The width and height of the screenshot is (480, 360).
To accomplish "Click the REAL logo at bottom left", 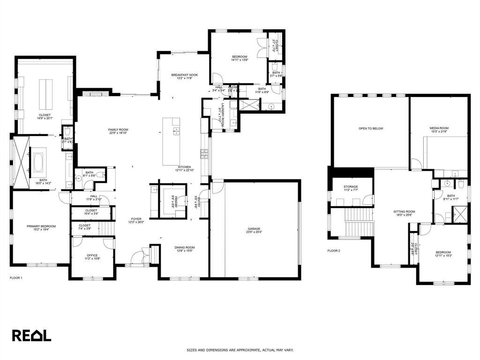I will click(x=31, y=335).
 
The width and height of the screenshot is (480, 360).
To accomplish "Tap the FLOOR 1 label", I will click(x=16, y=278).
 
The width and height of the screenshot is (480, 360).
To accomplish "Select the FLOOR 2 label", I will click(x=334, y=251).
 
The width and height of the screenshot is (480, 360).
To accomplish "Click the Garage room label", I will click(x=255, y=229).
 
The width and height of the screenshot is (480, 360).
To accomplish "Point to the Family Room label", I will click(x=118, y=129).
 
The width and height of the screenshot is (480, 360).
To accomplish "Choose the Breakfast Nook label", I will click(x=184, y=75).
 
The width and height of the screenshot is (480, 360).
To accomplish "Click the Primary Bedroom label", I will click(x=41, y=226).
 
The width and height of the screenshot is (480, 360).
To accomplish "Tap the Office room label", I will click(x=92, y=255).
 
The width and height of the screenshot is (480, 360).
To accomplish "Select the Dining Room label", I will click(x=184, y=247).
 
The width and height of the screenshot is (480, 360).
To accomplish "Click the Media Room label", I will click(x=439, y=128).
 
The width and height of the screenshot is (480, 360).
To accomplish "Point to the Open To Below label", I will click(x=371, y=128).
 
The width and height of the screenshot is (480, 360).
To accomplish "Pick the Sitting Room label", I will click(x=404, y=211).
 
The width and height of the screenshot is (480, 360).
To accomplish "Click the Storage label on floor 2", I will click(x=351, y=187).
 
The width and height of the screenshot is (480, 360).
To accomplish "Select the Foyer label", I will click(x=136, y=219).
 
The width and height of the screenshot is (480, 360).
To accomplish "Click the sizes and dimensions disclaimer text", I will click(x=240, y=350).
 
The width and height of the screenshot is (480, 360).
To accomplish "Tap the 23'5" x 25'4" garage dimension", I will click(x=255, y=232).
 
